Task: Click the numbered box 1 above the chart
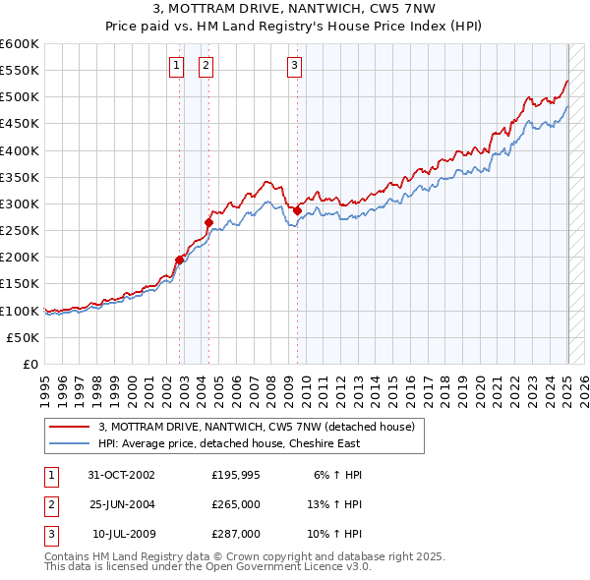tap(176, 66)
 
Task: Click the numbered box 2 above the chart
tap(206, 66)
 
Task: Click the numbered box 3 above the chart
tap(294, 66)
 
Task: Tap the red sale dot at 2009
tap(297, 210)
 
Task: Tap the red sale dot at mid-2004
tap(208, 222)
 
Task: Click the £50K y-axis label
tap(24, 337)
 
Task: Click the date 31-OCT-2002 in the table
tap(121, 475)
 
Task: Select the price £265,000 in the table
tap(236, 504)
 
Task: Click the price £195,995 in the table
tap(236, 475)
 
